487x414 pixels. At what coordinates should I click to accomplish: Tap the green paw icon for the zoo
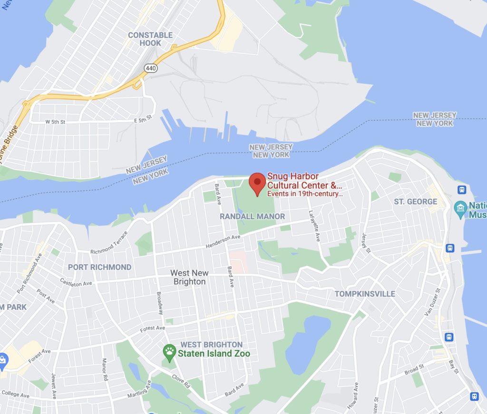(169, 352)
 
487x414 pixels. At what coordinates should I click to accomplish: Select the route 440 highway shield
(151, 68)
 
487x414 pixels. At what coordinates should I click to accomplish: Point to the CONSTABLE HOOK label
(150, 39)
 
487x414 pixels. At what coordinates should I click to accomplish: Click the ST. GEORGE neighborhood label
(415, 202)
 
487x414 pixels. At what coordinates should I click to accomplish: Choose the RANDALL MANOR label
(252, 216)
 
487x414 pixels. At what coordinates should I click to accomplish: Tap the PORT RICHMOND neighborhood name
(99, 267)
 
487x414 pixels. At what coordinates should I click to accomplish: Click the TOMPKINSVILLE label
(365, 294)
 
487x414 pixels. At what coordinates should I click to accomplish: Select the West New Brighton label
(189, 277)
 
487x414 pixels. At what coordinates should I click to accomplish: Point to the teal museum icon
(460, 208)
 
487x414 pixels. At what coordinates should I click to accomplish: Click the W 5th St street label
(55, 122)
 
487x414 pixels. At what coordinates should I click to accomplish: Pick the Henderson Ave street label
(223, 241)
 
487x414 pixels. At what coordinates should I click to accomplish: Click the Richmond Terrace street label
(109, 242)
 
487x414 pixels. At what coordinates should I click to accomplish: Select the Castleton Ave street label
(76, 282)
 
